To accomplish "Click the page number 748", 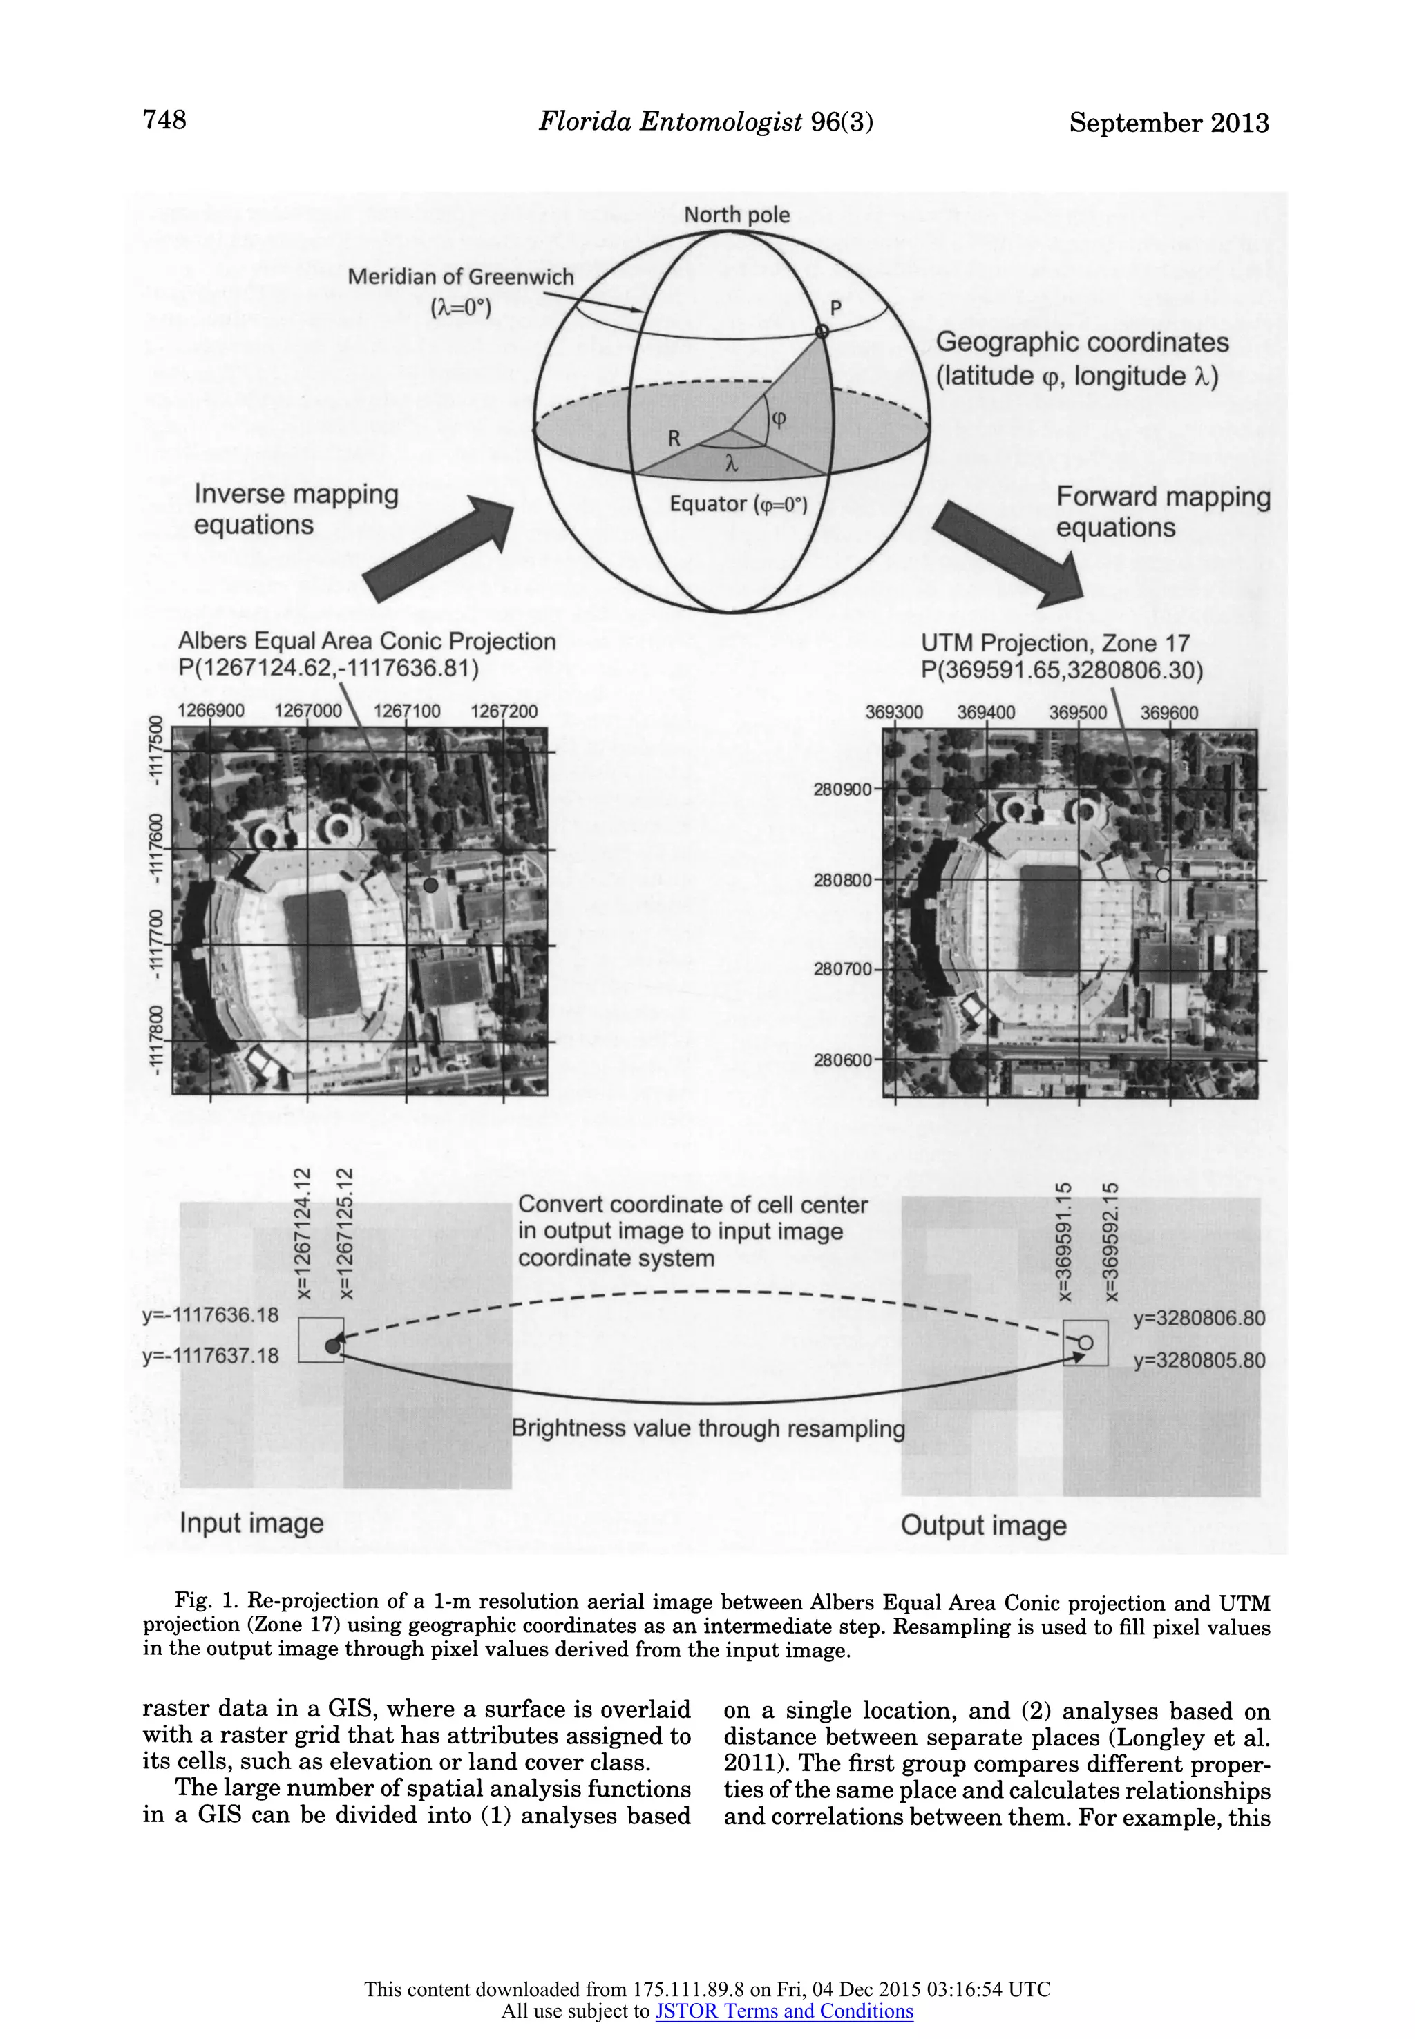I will (x=165, y=119).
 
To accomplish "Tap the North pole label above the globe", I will (x=736, y=216).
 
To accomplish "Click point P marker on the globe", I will (x=822, y=332).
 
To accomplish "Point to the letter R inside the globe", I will (x=675, y=438).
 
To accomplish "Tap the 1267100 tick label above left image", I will (x=407, y=711).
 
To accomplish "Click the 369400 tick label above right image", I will (x=986, y=712).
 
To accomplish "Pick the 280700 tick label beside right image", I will (x=842, y=970).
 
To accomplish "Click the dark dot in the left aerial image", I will (x=431, y=884).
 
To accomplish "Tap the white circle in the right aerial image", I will (x=1164, y=874).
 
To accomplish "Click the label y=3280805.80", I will (x=1199, y=1360).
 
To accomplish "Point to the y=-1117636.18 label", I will (x=210, y=1315).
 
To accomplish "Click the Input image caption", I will (x=251, y=1523).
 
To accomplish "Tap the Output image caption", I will (x=983, y=1526).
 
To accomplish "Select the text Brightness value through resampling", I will (x=708, y=1428).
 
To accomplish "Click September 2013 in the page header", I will (x=1168, y=123).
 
